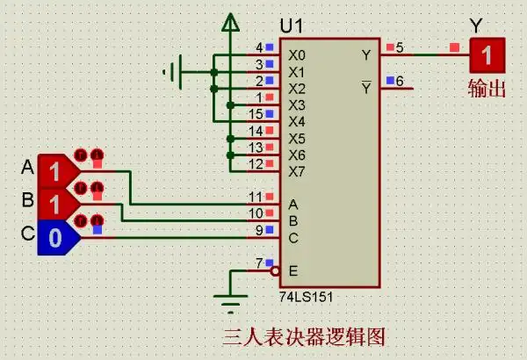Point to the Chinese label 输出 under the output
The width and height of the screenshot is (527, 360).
487,88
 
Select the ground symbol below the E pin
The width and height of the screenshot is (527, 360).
229,306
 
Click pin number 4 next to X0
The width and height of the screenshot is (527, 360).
259,47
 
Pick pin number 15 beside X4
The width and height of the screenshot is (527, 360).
256,114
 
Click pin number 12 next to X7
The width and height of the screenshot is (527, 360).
256,163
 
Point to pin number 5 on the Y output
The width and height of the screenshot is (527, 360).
400,47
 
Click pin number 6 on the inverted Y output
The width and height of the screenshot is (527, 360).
400,82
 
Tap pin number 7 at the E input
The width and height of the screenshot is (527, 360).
259,263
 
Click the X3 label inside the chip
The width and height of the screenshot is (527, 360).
297,105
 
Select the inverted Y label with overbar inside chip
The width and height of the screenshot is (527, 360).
366,88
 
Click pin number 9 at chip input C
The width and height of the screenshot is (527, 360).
259,230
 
